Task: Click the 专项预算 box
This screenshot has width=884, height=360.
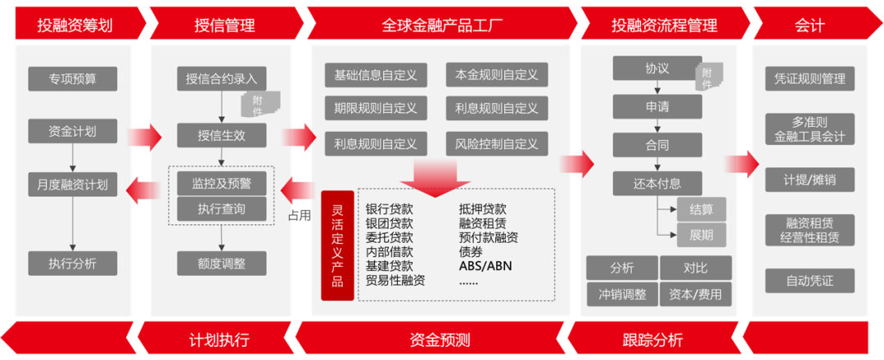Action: click(73, 79)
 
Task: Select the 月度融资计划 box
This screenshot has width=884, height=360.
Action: click(73, 184)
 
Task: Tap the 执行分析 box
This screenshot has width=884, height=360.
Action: click(73, 263)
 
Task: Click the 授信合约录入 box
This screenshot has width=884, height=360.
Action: click(222, 79)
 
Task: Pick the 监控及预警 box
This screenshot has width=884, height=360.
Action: click(222, 183)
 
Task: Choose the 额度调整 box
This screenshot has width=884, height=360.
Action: click(222, 263)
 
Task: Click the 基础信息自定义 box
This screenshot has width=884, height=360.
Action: click(376, 75)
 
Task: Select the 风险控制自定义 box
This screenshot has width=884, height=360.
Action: click(497, 144)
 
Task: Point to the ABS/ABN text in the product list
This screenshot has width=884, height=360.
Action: click(486, 265)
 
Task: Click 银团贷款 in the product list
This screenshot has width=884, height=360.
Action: click(390, 223)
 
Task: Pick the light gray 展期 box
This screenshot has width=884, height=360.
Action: click(701, 235)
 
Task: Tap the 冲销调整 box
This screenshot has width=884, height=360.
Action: click(622, 294)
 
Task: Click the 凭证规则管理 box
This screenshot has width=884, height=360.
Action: click(810, 79)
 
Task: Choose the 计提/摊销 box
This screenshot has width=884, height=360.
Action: click(810, 180)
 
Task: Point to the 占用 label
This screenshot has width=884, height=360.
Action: click(300, 215)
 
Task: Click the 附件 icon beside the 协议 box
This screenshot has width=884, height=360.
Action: click(709, 76)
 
